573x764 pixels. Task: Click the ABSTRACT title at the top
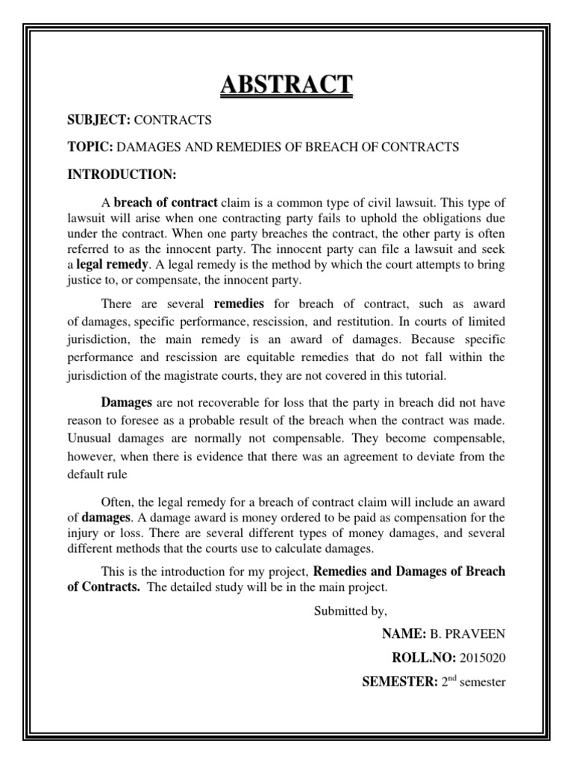point(286,84)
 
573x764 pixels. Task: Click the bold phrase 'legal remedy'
point(110,265)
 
